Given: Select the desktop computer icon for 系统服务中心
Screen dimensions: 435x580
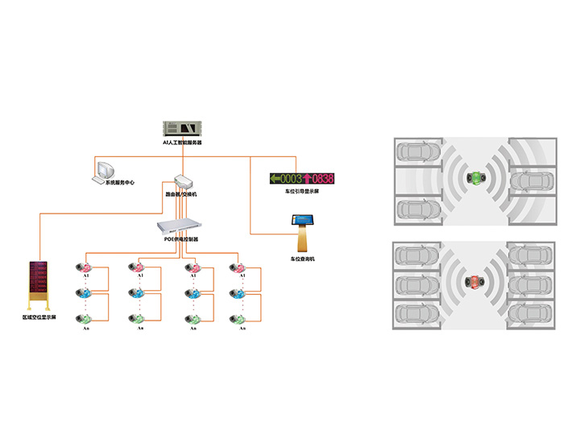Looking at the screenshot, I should click(106, 170).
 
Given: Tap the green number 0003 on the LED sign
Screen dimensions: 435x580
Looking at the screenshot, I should click(290, 178).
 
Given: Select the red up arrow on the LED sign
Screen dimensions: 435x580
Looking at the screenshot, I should click(306, 178).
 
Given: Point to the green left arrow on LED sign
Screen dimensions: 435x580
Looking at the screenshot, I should click(275, 178).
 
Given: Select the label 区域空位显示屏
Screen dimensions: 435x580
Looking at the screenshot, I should click(40, 319).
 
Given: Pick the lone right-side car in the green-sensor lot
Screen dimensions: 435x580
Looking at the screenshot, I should click(531, 182).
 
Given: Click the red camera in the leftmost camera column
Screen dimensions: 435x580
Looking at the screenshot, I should click(85, 267).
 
